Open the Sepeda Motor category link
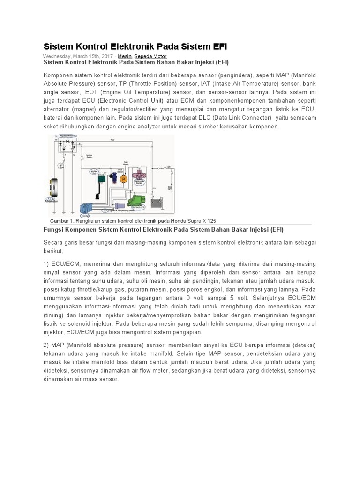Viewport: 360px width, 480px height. click(x=150, y=56)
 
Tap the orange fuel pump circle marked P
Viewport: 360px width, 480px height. click(x=124, y=179)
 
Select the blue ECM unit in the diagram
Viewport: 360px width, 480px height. click(x=63, y=210)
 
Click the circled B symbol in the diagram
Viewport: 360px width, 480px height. click(x=60, y=166)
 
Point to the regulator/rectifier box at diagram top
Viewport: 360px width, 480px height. click(x=66, y=146)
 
